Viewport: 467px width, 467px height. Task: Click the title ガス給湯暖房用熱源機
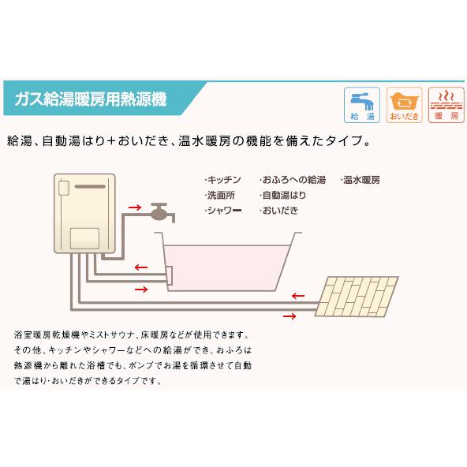90,99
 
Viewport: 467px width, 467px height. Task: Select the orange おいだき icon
403,103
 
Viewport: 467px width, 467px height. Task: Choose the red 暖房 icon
446,103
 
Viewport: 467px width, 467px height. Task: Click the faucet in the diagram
162,211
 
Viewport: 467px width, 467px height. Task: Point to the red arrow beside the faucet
135,209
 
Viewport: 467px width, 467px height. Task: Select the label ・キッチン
222,181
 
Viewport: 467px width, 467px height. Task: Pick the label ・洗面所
220,196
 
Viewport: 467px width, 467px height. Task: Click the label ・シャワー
222,211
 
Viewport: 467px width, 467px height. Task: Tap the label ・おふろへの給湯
292,181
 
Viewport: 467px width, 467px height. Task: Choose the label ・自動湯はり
283,196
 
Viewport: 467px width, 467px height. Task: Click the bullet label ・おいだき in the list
280,211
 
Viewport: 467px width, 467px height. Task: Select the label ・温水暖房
362,181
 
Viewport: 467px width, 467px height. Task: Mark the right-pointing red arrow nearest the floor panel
290,316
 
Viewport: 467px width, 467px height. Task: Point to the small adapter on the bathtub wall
166,275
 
